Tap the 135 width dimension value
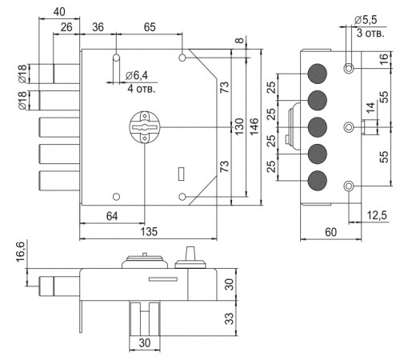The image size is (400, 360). pos(149,231)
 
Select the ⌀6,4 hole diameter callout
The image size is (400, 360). pos(136,76)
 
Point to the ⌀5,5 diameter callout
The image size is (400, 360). pos(366,20)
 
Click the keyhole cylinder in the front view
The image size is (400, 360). pos(144,127)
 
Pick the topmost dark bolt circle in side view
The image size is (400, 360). pos(317,74)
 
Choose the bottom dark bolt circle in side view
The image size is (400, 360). pos(317,181)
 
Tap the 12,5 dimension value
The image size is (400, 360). pos(377,215)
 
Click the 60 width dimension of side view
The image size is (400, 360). pos(330,232)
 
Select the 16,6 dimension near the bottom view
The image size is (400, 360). pos(21,252)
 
